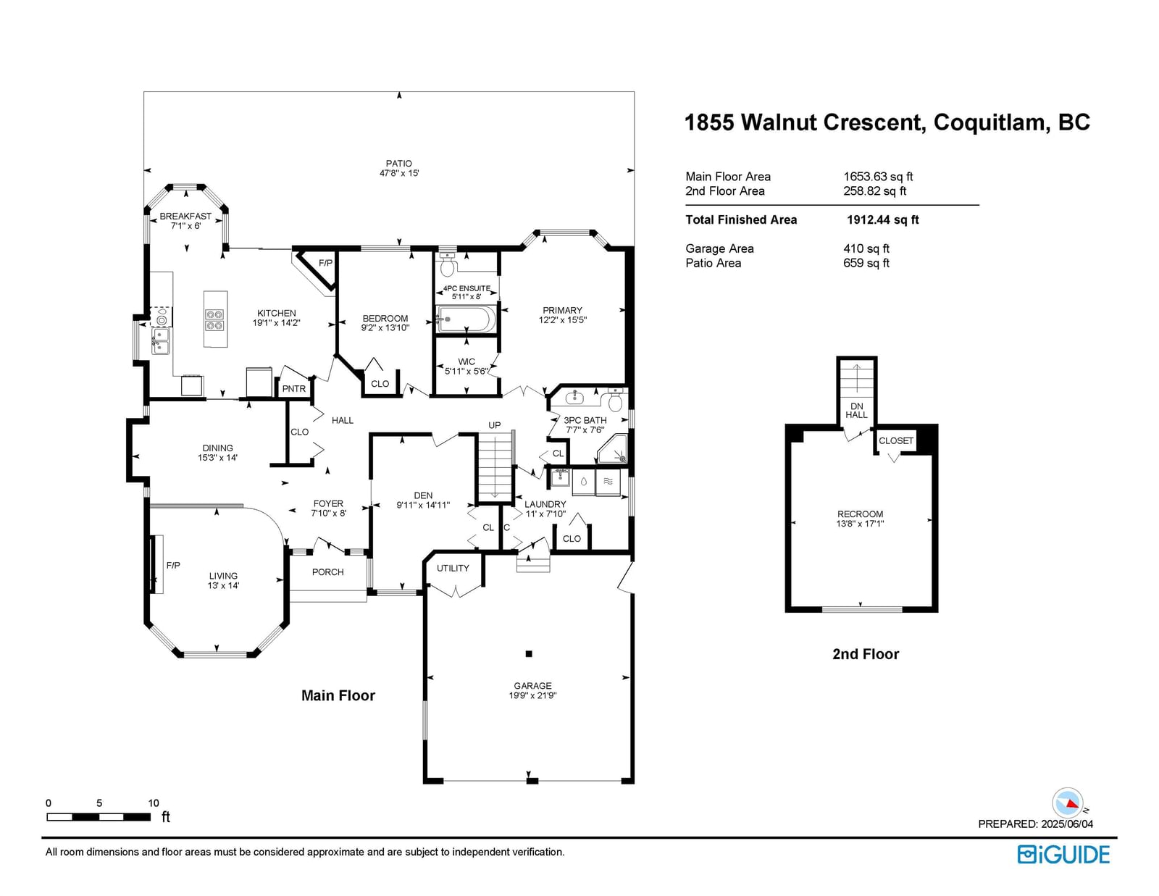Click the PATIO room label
coord(399,163)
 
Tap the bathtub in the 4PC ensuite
coord(466,319)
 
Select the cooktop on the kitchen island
coord(215,320)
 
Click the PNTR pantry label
coord(294,389)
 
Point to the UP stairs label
coord(495,425)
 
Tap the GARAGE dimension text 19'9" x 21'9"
coord(532,695)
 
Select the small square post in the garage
coord(529,654)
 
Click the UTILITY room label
coord(453,568)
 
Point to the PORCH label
coord(327,571)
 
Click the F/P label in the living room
coord(173,565)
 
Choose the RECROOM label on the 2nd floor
coord(860,514)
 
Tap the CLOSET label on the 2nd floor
coord(895,440)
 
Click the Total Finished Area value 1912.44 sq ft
coord(883,219)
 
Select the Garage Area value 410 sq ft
coord(866,248)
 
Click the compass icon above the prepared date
coord(1067,803)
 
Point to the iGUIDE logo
coord(1063,855)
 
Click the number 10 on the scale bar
coord(154,803)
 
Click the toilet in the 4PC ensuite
coord(447,265)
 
